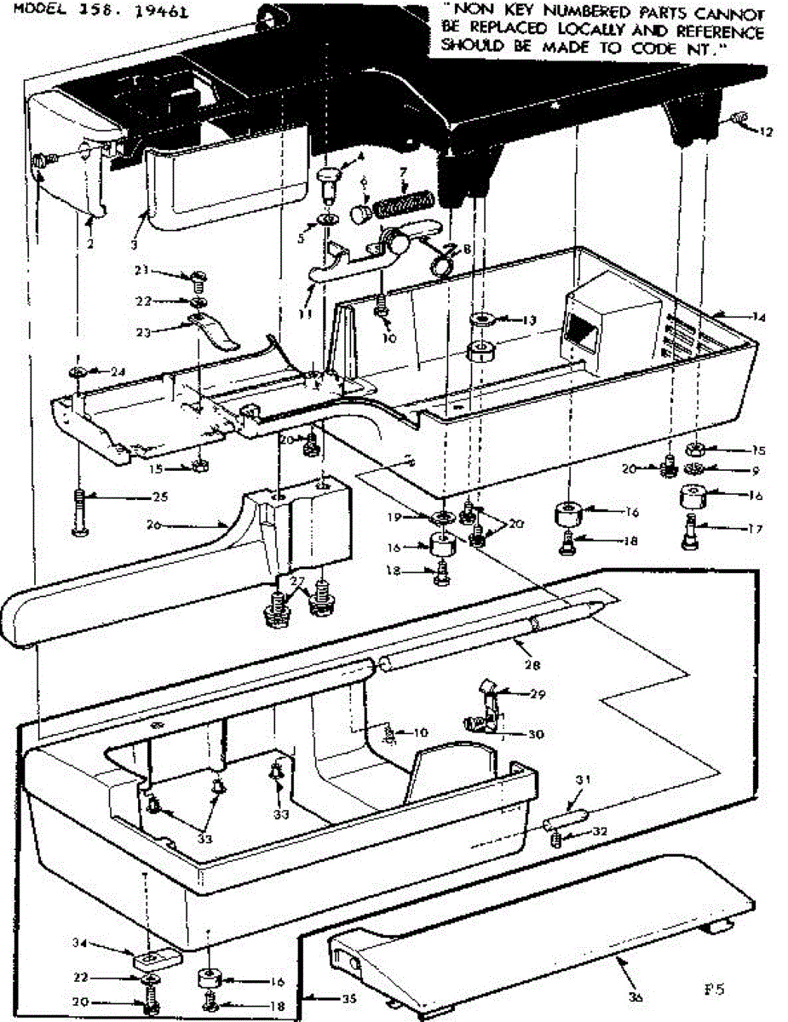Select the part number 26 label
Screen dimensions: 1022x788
pos(153,525)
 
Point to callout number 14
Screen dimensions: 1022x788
pos(759,318)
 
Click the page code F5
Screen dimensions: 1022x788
pos(714,990)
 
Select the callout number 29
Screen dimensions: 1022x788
pos(536,693)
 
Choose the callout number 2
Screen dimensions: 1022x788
pos(89,243)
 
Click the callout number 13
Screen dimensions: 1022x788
pos(530,320)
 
